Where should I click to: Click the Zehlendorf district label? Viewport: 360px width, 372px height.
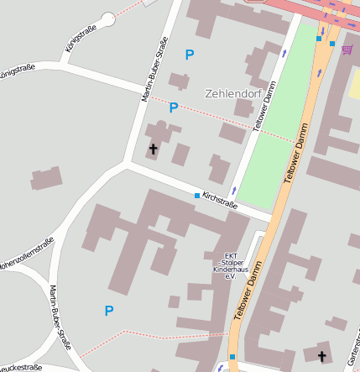pyautogui.click(x=230, y=93)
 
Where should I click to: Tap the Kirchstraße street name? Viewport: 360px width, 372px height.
pyautogui.click(x=220, y=200)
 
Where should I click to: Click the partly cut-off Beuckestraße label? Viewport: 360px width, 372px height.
pyautogui.click(x=18, y=367)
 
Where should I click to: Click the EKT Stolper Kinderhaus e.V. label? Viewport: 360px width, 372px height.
pyautogui.click(x=225, y=266)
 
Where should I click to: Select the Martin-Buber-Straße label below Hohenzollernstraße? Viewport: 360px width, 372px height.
pyautogui.click(x=61, y=320)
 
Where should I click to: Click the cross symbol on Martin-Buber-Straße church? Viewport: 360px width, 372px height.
pyautogui.click(x=153, y=149)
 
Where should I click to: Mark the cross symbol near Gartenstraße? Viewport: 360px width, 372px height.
pyautogui.click(x=322, y=355)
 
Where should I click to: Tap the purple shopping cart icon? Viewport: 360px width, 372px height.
pyautogui.click(x=347, y=50)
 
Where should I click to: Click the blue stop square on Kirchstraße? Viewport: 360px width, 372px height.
pyautogui.click(x=197, y=196)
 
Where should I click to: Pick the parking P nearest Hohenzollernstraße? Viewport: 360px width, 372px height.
pyautogui.click(x=108, y=311)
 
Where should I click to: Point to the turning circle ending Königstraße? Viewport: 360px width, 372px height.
pyautogui.click(x=107, y=18)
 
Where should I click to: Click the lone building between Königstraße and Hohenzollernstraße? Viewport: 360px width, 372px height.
pyautogui.click(x=47, y=179)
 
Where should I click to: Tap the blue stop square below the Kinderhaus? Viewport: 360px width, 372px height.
pyautogui.click(x=232, y=356)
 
